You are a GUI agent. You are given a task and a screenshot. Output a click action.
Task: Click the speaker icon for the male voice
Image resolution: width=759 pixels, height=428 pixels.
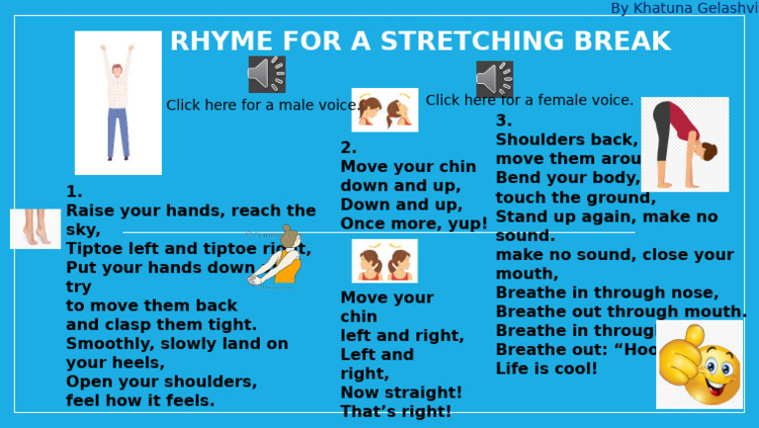(x=267, y=74)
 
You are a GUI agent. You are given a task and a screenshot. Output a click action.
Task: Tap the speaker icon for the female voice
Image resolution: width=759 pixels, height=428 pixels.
(x=494, y=79)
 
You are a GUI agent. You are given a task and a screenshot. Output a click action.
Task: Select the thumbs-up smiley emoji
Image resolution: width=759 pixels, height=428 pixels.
(x=699, y=364)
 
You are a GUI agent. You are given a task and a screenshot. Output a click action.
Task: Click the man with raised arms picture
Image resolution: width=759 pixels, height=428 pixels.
(x=118, y=102)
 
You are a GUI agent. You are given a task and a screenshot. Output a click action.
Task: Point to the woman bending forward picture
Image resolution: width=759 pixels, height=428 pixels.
(x=685, y=144)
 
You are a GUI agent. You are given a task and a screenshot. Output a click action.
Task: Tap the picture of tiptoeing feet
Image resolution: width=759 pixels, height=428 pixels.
(x=35, y=228)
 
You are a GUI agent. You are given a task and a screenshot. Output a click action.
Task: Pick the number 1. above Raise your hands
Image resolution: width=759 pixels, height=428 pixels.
(x=74, y=192)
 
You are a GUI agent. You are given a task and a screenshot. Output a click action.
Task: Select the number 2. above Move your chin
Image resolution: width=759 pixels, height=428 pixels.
(x=348, y=148)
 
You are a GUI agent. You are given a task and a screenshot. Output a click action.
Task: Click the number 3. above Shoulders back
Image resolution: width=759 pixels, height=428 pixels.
(x=504, y=121)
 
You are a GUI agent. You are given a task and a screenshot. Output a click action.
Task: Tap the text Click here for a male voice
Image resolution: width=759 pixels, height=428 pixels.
(x=263, y=106)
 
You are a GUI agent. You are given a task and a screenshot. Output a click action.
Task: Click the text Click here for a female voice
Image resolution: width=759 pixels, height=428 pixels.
(x=530, y=100)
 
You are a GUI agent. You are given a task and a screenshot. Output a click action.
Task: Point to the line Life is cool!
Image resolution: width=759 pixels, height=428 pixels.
(x=547, y=369)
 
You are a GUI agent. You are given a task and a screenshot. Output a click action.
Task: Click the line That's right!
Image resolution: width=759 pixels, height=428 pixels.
(x=395, y=412)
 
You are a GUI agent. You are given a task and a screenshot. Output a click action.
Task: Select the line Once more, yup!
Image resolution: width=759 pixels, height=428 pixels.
(x=414, y=224)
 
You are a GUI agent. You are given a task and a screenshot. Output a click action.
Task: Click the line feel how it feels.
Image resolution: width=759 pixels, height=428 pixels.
(x=140, y=401)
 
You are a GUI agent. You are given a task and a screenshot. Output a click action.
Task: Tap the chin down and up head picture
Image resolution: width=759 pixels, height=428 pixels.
(x=384, y=110)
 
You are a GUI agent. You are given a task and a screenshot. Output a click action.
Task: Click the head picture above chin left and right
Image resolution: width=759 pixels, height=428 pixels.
(x=384, y=261)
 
